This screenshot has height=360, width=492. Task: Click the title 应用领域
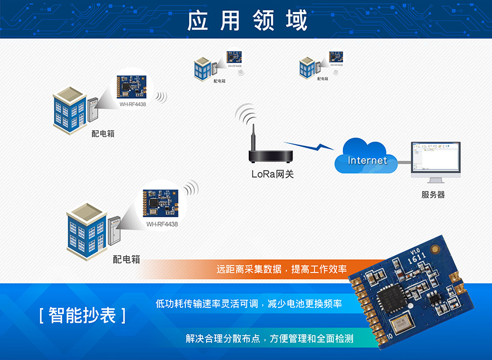pos(247,20)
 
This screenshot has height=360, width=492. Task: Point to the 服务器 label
pos(433,194)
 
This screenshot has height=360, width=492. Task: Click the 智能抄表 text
pos(82,315)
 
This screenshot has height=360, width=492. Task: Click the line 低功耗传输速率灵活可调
pos(249,303)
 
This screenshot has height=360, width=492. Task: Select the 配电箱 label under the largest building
pos(126,259)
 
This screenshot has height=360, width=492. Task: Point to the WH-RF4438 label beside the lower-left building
pos(162,224)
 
